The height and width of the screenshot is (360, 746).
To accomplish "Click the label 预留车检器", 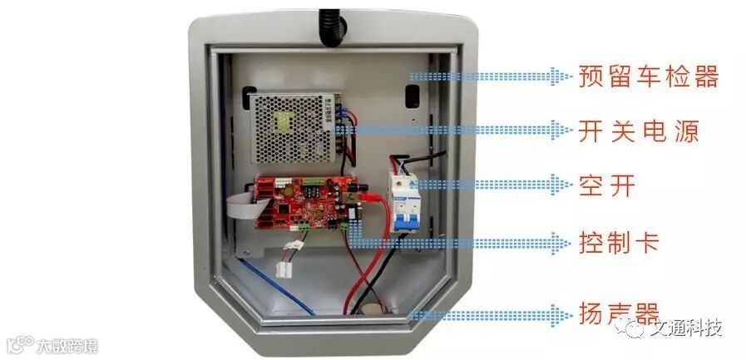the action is (x=648, y=77).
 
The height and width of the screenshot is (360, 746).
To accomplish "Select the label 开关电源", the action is (x=638, y=131).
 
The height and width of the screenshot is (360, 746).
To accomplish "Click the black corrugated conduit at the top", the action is (x=332, y=24).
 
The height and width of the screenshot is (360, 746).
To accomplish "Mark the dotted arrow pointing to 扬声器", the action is (x=491, y=315).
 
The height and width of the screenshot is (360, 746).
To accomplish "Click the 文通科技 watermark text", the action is (x=688, y=328).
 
